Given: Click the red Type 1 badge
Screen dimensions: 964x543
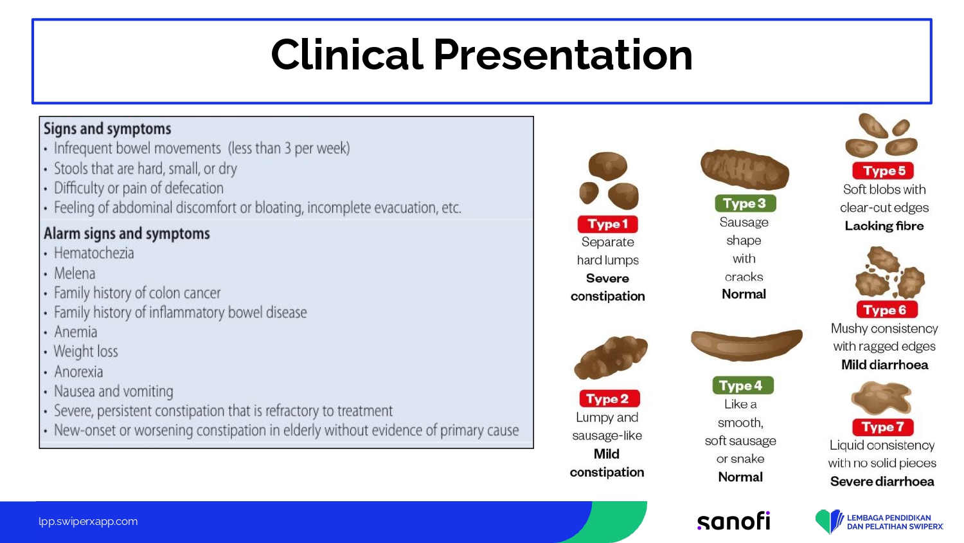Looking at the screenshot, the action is (607, 224).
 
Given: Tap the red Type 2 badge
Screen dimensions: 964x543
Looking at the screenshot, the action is (609, 399).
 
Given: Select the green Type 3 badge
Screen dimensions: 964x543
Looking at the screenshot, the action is (745, 203).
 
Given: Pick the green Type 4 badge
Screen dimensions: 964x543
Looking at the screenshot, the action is (743, 385).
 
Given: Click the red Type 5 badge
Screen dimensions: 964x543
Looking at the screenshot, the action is (882, 170).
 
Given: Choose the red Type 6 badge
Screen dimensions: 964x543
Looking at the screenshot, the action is (886, 309).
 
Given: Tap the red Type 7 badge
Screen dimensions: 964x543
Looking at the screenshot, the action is (882, 427).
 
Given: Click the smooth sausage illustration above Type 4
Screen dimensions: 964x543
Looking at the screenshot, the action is (747, 345).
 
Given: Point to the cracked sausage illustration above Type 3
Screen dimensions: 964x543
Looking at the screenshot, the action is (745, 169).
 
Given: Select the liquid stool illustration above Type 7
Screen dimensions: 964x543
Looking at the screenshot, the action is (881, 398).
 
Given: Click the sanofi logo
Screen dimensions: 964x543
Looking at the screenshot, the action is (733, 522).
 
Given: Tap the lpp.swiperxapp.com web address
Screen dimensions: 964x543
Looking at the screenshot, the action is (88, 522).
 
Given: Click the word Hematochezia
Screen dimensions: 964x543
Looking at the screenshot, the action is (94, 253).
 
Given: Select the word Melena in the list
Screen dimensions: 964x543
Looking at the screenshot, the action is (75, 273).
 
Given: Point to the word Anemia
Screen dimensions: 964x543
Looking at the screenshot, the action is (75, 332).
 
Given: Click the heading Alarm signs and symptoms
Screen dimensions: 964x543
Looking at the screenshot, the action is (127, 234).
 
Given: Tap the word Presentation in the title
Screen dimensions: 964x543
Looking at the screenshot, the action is (563, 55).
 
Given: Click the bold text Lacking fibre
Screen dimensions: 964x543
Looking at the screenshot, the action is (884, 226).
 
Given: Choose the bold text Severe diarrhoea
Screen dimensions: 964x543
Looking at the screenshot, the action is (882, 481).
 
